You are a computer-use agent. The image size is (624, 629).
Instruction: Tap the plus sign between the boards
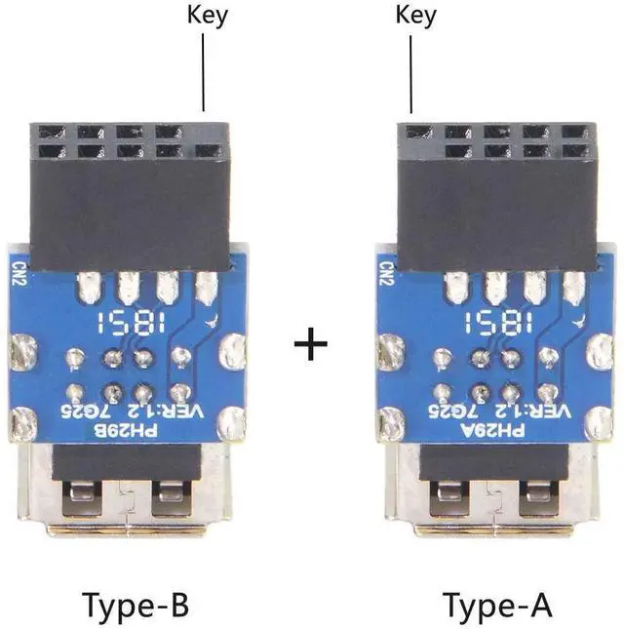[310, 345]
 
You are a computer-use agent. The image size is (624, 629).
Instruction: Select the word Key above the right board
[417, 17]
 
